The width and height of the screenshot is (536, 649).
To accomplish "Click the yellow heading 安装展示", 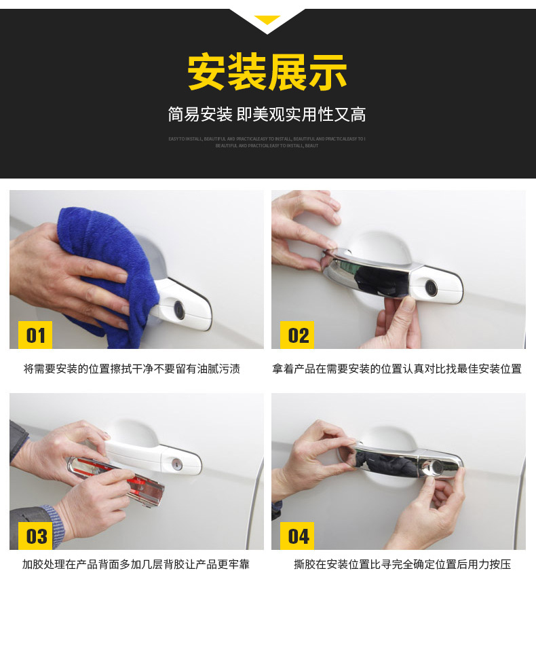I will (267, 73).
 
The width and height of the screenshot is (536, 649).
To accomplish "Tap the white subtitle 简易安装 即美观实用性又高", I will (267, 115).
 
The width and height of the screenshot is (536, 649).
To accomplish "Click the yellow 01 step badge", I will (35, 335).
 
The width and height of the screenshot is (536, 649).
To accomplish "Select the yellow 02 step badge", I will (298, 335).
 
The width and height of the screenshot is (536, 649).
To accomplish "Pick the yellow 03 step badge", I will (35, 536).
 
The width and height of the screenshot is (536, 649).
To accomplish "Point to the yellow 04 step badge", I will (298, 536).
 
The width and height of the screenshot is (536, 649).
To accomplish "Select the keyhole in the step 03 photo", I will (177, 464).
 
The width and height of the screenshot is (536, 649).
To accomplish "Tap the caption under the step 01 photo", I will (132, 369).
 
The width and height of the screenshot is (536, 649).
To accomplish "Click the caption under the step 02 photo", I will (397, 369).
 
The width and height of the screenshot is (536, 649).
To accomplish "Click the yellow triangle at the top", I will (267, 20).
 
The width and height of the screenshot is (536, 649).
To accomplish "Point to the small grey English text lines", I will (267, 142).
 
